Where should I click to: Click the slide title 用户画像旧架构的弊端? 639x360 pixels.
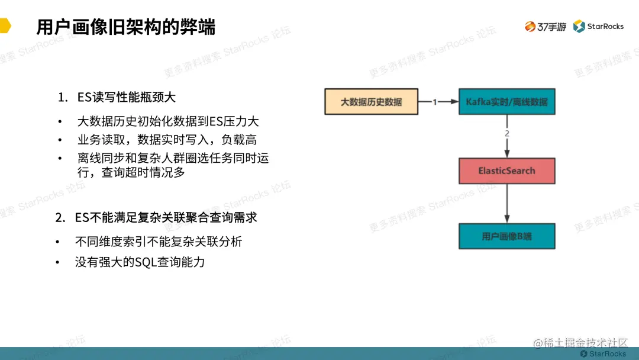126,27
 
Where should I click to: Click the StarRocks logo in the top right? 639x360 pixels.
598,26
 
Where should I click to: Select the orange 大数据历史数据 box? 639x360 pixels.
371,102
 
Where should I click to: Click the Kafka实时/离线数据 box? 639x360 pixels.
506,102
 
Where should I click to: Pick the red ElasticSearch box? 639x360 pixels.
506,171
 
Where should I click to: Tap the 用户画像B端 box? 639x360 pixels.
506,236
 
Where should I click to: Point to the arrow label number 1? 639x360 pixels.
435,102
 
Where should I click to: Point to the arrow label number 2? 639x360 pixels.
506,134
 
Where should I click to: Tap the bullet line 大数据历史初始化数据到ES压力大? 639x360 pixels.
168,122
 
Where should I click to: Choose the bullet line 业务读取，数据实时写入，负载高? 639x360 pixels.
167,140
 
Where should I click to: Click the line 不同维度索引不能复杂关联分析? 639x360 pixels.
159,242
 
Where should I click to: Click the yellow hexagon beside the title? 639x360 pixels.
5,26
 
